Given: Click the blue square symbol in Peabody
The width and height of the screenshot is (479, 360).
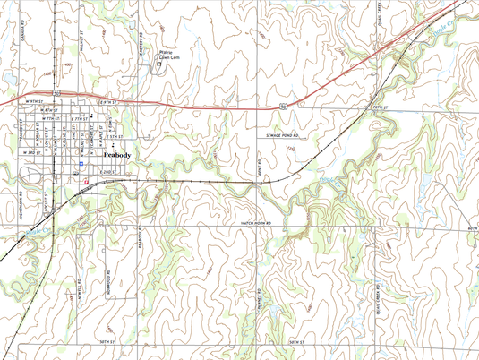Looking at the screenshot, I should coord(81,163).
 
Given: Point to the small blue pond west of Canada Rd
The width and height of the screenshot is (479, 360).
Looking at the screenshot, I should coord(6,76).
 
